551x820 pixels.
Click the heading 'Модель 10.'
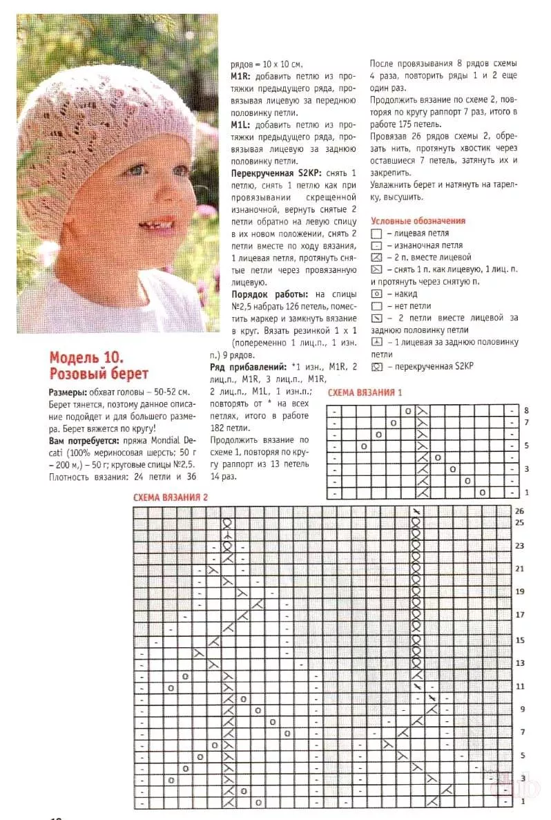(x=86, y=358)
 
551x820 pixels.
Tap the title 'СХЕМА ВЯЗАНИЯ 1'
(x=365, y=393)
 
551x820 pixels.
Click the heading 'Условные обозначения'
(x=418, y=221)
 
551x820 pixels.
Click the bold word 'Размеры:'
(x=68, y=392)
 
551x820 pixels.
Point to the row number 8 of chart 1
(x=526, y=410)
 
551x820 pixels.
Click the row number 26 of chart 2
(x=519, y=511)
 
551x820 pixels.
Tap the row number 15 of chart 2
(x=519, y=640)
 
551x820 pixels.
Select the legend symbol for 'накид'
(x=376, y=294)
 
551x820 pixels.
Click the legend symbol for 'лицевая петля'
(x=376, y=233)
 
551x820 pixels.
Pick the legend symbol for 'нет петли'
(x=376, y=306)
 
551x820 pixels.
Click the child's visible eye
(x=135, y=169)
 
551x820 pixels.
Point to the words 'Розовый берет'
(x=98, y=374)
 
